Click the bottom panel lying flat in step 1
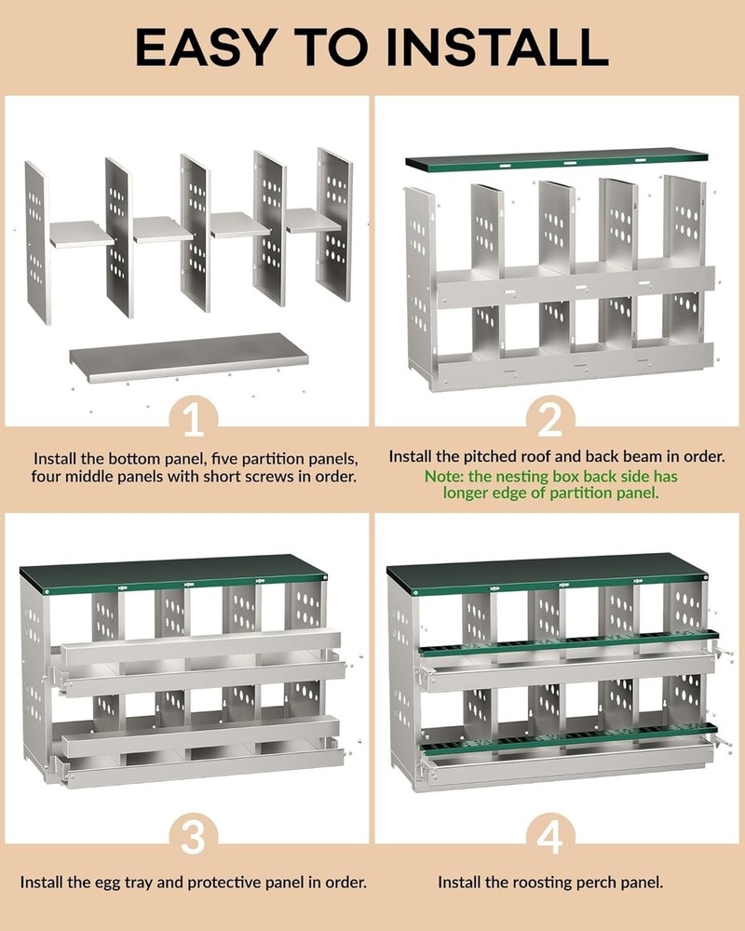[190, 356]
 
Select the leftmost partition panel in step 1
[36, 242]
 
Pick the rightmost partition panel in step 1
[334, 223]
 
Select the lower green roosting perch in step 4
[568, 739]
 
